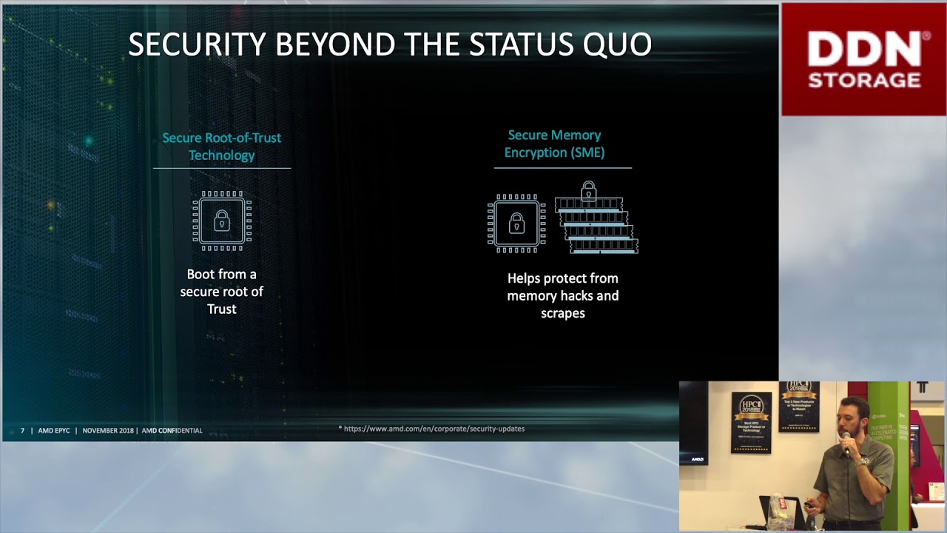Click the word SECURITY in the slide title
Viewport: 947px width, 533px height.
(197, 44)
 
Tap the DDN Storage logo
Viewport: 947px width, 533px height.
(864, 59)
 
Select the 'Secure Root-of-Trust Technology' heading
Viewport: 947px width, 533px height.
(221, 147)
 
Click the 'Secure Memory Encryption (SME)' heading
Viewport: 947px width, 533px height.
(554, 144)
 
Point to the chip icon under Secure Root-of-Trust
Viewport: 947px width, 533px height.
(222, 221)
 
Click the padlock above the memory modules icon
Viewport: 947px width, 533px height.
(588, 191)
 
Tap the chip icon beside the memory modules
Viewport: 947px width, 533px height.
(516, 224)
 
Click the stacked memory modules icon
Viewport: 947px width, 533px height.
(596, 227)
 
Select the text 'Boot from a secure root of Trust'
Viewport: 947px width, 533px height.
(221, 292)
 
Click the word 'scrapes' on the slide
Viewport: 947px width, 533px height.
(562, 313)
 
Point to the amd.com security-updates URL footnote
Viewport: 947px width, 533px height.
(433, 429)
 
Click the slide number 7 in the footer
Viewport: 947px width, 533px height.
(22, 431)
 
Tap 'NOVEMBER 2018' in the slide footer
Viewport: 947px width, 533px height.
(108, 431)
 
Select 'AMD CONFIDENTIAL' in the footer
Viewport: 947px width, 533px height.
(172, 431)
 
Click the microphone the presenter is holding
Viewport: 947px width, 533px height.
(847, 449)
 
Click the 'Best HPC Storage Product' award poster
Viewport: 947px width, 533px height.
(751, 422)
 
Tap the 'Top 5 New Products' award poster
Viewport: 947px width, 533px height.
(798, 406)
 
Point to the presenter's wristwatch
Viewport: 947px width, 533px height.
(863, 461)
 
